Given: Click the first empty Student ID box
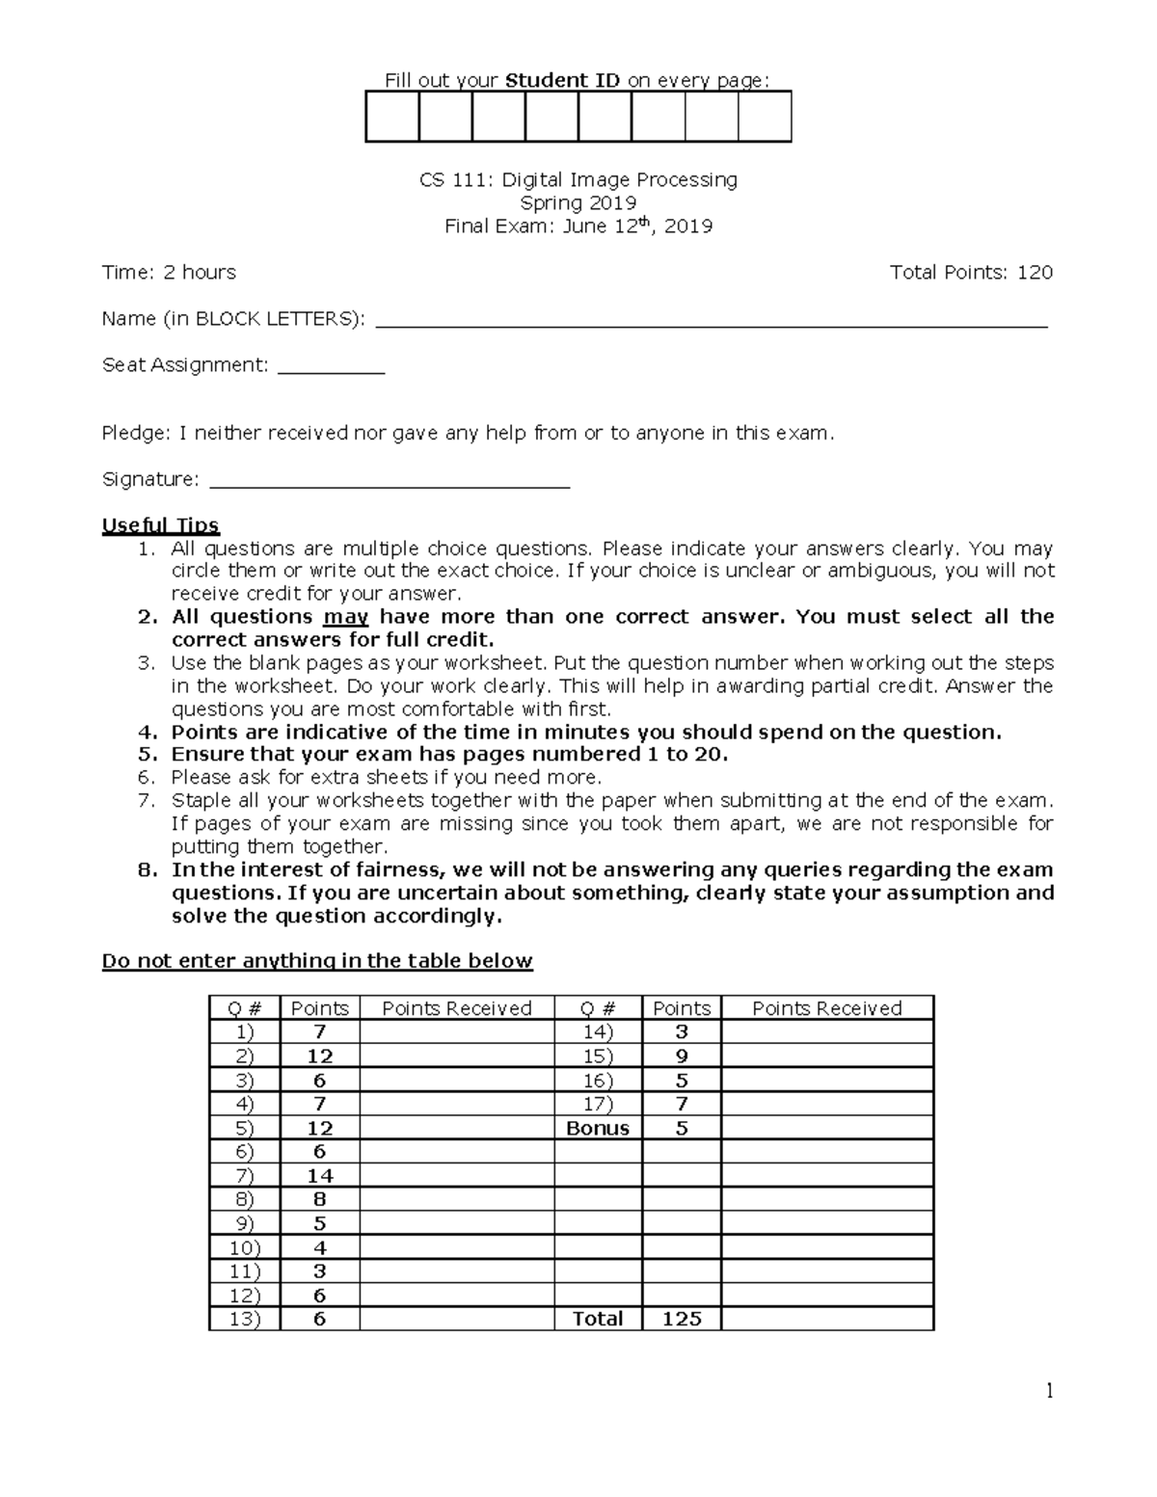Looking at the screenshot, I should [392, 117].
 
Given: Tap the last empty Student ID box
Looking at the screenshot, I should [765, 117].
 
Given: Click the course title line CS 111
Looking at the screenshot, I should [578, 180].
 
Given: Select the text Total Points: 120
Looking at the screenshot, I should [971, 273].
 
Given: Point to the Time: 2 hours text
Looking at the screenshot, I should [169, 273].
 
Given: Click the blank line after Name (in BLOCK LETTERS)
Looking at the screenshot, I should [711, 322].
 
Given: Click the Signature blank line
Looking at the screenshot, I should [390, 482].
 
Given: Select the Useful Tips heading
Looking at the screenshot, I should [161, 525].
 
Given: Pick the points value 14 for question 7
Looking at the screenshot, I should [320, 1176].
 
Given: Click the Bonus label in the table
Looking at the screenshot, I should [598, 1128].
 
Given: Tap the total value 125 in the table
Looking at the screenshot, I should [682, 1319].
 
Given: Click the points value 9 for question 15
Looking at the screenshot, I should [682, 1056].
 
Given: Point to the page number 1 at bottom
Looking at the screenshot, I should [1049, 1391].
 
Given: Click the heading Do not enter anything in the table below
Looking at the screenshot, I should [317, 961].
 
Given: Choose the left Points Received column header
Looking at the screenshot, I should [457, 1008].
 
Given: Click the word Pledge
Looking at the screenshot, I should [135, 434].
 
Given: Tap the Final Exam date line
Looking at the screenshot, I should [578, 227].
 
